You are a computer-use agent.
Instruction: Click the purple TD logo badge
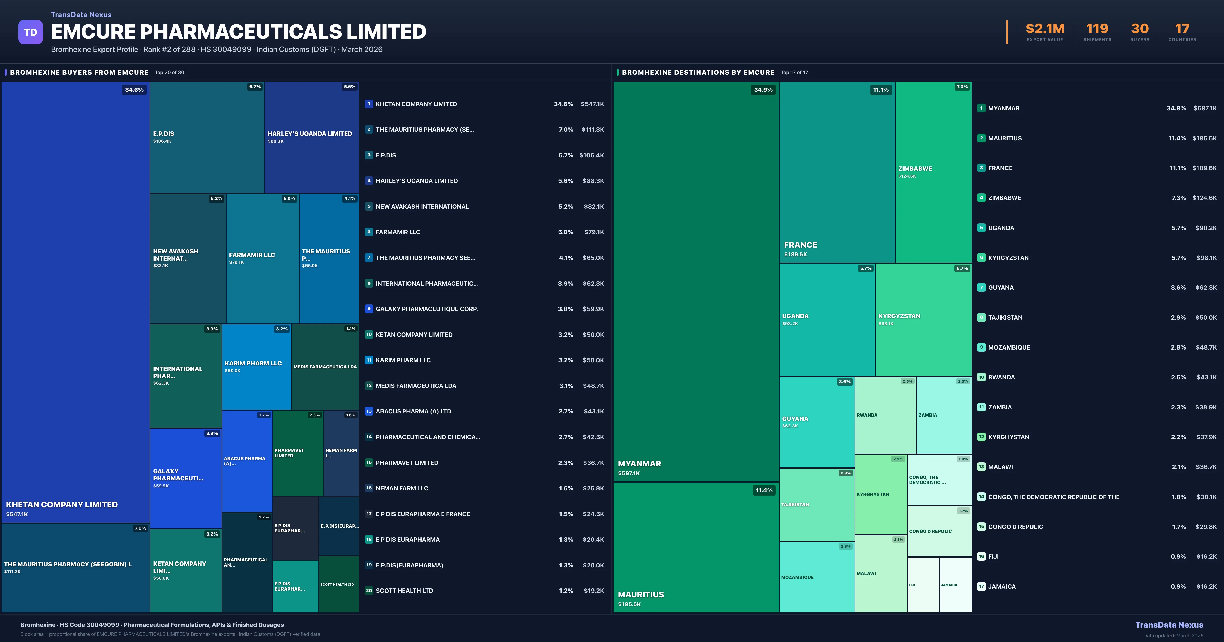click(x=30, y=32)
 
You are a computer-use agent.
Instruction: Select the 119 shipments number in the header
click(x=1097, y=29)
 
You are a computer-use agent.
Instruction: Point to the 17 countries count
click(x=1182, y=29)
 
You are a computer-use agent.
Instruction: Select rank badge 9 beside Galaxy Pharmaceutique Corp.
click(x=369, y=309)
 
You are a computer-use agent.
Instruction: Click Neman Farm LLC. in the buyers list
click(x=402, y=488)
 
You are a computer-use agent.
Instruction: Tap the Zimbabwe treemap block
click(x=933, y=172)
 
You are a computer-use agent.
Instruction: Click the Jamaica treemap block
click(x=955, y=585)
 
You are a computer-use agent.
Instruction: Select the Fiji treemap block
click(x=923, y=585)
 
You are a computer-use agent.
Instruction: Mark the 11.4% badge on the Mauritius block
click(x=764, y=490)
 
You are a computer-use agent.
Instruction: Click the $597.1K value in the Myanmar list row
click(x=1205, y=108)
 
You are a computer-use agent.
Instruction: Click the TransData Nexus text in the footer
click(x=1169, y=625)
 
